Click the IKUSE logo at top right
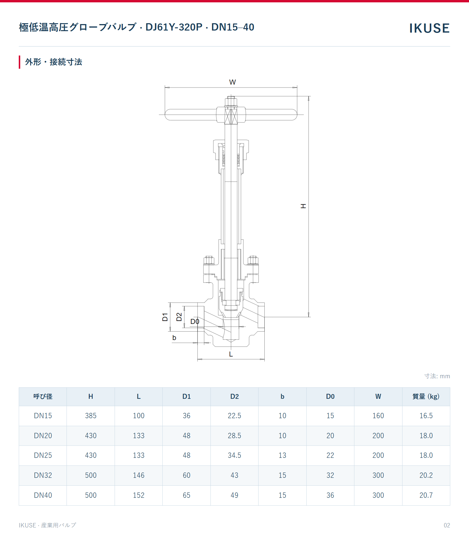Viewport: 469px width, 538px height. click(429, 28)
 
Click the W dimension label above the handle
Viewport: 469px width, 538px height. click(232, 82)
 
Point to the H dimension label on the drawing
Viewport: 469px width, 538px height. click(303, 206)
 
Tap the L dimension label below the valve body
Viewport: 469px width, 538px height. click(231, 354)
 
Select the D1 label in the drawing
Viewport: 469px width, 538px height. click(165, 317)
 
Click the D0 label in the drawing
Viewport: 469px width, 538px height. click(195, 322)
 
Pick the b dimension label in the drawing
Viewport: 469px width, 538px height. click(174, 338)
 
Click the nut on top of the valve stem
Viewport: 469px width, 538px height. click(231, 101)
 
